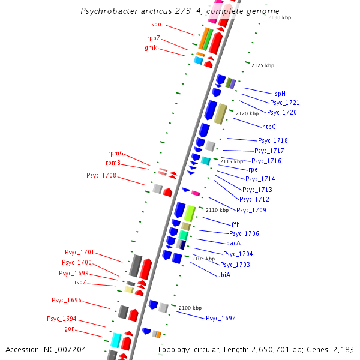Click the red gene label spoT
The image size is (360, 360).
158,25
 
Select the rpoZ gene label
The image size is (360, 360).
154,38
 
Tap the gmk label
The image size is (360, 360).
151,47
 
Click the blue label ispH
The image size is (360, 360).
279,94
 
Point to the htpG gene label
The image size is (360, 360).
269,127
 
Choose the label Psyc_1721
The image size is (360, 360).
284,103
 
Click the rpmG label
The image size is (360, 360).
115,154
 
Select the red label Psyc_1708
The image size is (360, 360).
101,176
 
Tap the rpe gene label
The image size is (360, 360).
253,170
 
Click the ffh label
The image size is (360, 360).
235,224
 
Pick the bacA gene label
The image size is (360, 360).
233,244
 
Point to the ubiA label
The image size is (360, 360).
224,275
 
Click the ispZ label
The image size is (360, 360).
80,282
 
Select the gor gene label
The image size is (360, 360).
69,329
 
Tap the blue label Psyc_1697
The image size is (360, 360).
221,318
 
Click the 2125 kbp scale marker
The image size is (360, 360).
263,65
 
